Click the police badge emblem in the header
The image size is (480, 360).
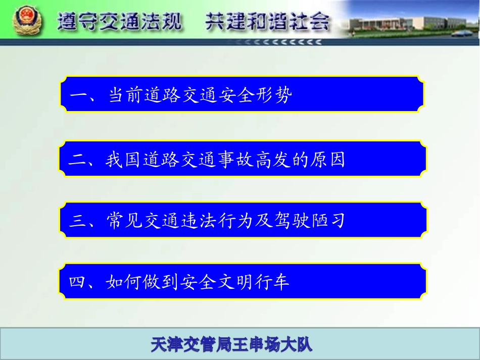pyautogui.click(x=23, y=22)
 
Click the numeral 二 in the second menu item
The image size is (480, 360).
pyautogui.click(x=78, y=161)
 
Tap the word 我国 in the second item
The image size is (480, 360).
pyautogui.click(x=123, y=160)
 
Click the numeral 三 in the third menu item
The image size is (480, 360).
pyautogui.click(x=78, y=221)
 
